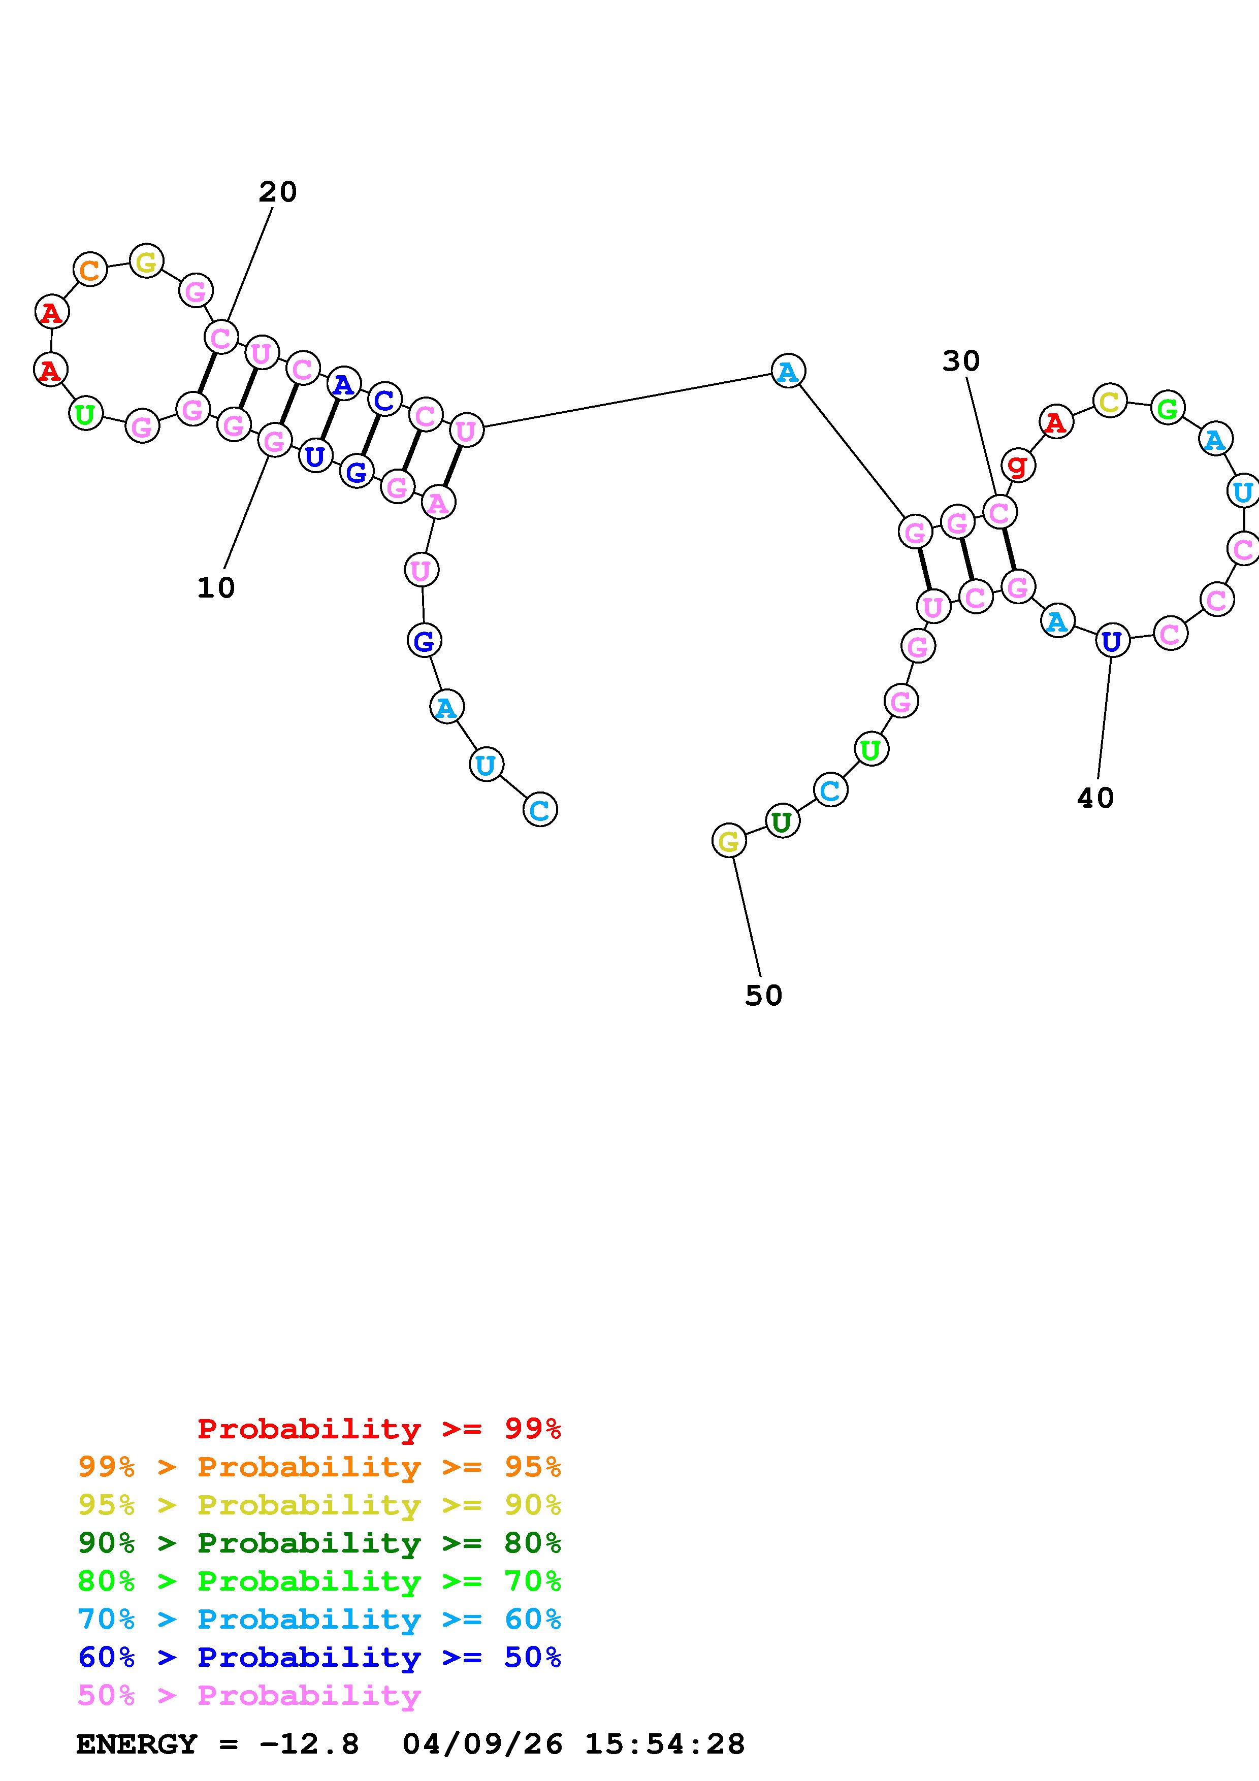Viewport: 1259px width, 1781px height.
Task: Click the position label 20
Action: tap(278, 191)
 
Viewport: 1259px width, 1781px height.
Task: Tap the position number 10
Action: tap(216, 588)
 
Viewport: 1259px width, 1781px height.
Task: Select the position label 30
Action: tap(961, 360)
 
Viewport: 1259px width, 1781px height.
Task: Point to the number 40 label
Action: tap(1095, 798)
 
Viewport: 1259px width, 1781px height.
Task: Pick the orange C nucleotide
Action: tap(90, 270)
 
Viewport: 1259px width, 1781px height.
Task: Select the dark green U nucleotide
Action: tap(782, 821)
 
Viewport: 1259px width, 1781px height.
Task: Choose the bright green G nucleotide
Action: tap(1168, 408)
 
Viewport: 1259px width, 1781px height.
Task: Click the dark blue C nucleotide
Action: tap(384, 400)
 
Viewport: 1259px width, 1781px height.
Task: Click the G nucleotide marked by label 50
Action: tap(728, 841)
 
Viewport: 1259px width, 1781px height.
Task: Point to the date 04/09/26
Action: tap(482, 1744)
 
